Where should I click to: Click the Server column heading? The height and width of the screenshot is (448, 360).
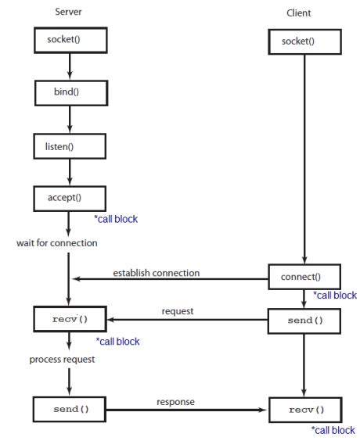click(69, 12)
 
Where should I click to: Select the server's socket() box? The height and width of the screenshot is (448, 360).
click(69, 38)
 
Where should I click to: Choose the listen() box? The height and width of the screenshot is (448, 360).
click(69, 145)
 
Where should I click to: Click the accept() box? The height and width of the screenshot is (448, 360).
click(69, 198)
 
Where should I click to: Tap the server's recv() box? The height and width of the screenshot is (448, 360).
click(69, 320)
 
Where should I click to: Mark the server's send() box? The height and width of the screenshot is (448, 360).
click(69, 408)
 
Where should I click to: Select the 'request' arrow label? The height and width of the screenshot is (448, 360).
click(178, 311)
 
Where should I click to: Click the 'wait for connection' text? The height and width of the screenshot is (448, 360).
click(57, 243)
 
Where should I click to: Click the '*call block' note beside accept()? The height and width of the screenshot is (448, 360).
click(115, 220)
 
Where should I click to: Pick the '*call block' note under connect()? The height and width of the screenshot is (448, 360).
click(334, 296)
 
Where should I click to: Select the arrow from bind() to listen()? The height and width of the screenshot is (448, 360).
click(69, 119)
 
